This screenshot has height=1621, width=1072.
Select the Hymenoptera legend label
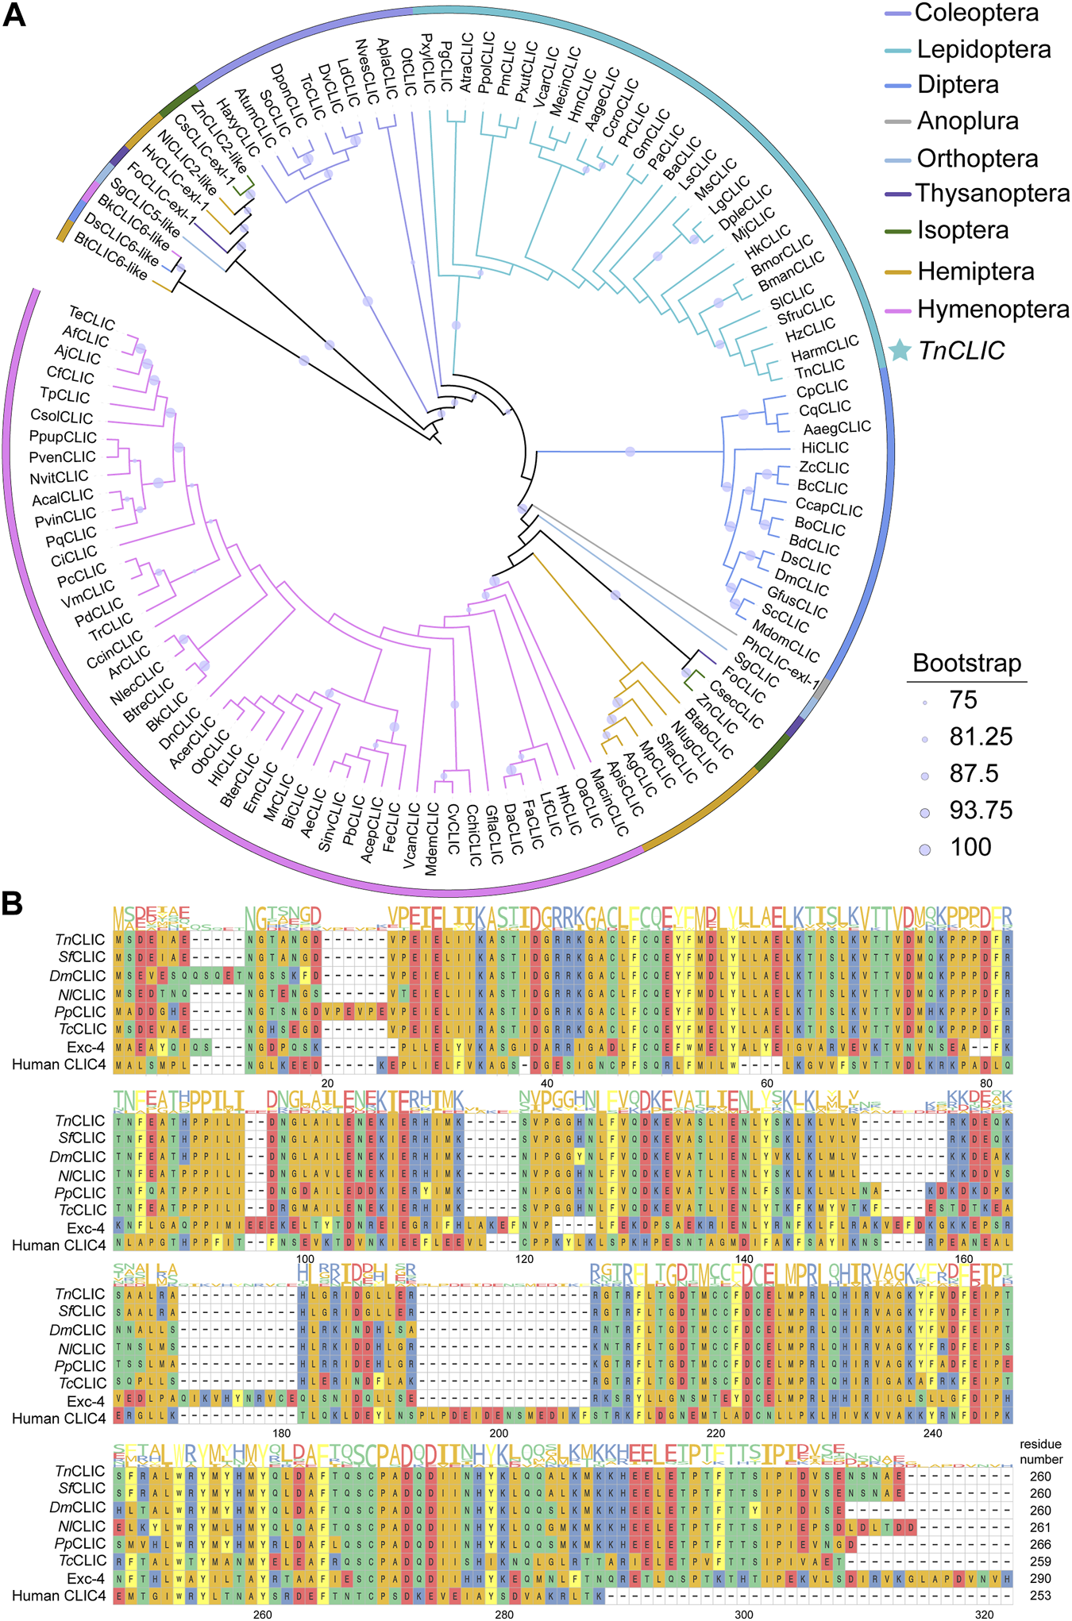(993, 309)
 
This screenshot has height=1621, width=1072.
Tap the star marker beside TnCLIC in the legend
(899, 350)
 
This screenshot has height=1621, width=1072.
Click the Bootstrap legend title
(966, 663)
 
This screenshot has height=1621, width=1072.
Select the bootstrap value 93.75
(981, 810)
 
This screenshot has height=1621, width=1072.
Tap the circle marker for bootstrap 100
(924, 849)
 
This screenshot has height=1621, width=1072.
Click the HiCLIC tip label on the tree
(824, 448)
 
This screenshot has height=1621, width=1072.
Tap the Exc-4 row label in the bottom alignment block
(85, 1578)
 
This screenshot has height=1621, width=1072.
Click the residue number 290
(1039, 1578)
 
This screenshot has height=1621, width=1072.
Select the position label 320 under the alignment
(984, 1614)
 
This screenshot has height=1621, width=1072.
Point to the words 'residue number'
(1040, 1452)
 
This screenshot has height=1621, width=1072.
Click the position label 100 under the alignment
(305, 1259)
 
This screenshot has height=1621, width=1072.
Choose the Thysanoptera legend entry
(993, 194)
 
